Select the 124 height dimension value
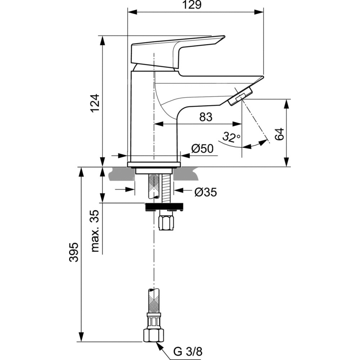pyautogui.click(x=94, y=103)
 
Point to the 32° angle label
pyautogui.click(x=231, y=137)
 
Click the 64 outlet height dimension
pyautogui.click(x=280, y=134)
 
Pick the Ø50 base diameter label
pyautogui.click(x=202, y=149)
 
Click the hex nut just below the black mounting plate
pyautogui.click(x=166, y=220)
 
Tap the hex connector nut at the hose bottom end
pyautogui.click(x=154, y=335)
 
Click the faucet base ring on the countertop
pyautogui.click(x=153, y=165)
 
